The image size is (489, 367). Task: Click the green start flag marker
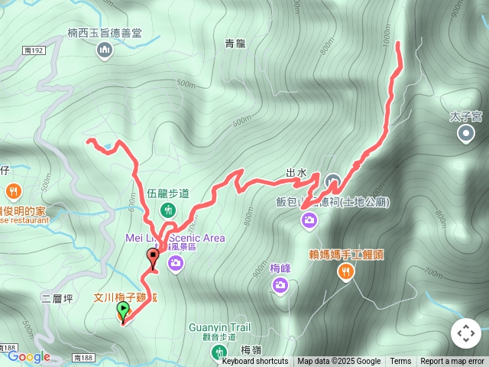(x=123, y=310)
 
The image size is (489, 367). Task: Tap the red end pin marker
(x=153, y=257)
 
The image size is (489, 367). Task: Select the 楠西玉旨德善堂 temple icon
(x=105, y=50)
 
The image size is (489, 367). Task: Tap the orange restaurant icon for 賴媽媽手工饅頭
(x=346, y=271)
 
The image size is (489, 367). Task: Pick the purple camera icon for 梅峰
(x=280, y=285)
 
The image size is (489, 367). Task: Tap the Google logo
(x=29, y=356)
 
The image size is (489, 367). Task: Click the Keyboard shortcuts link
(x=255, y=362)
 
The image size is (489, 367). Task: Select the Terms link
(x=400, y=362)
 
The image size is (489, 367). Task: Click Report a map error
(x=452, y=362)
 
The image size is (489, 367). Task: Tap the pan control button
(x=465, y=333)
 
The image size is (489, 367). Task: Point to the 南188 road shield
(x=83, y=357)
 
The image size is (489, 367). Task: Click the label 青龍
(x=236, y=44)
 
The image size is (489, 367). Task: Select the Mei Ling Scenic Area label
(x=175, y=238)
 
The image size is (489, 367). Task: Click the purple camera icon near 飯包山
(x=309, y=221)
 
